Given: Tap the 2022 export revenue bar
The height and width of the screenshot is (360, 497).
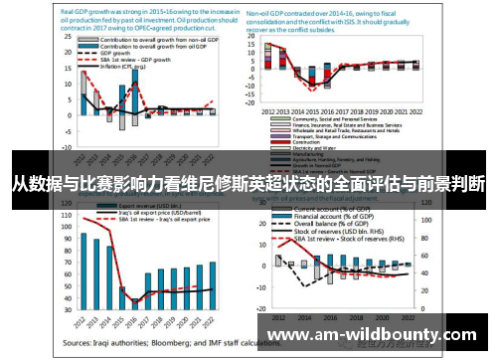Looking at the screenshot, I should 212,284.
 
